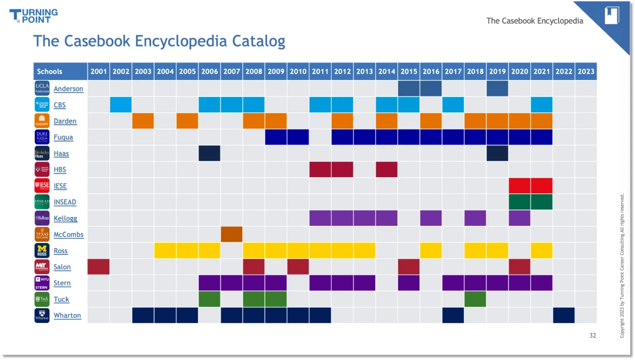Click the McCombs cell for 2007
pos(232,234)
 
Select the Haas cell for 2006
pos(209,154)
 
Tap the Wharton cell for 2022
pos(564,315)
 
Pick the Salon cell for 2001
pos(99,266)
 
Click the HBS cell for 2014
pos(386,169)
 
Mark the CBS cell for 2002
pos(121,105)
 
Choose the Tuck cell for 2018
pos(475,299)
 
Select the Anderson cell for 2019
pos(497,89)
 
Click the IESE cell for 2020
pos(519,186)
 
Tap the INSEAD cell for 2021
pos(542,202)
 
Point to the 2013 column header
pos(365,71)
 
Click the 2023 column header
pos(586,71)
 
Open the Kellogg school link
pos(65,218)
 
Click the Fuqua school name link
pos(63,137)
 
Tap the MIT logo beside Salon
pos(42,266)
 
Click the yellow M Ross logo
pos(42,251)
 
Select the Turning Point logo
pos(34,15)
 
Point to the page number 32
pos(592,335)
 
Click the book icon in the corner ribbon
pos(612,15)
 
